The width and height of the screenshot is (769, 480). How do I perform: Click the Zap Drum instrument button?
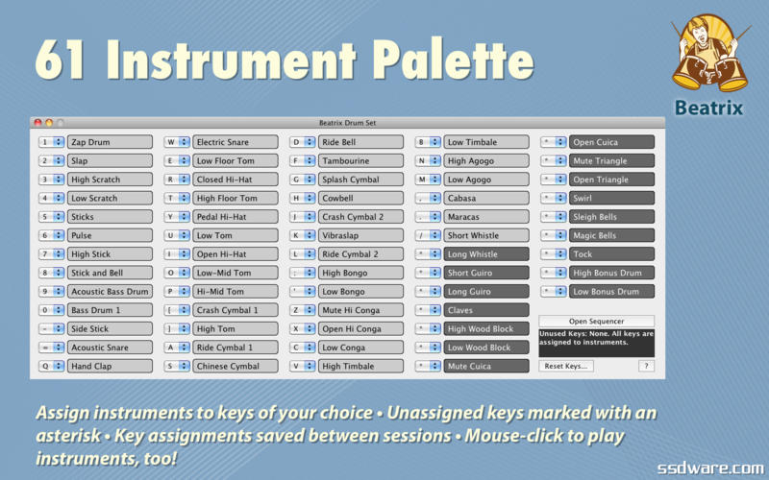click(x=110, y=142)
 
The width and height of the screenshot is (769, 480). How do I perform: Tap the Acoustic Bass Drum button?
click(x=110, y=292)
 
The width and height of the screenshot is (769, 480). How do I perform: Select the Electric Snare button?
click(x=236, y=142)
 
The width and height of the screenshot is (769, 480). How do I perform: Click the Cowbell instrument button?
click(x=361, y=198)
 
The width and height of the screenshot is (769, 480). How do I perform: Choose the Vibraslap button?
click(x=361, y=235)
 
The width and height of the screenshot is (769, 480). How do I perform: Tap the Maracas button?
click(x=486, y=217)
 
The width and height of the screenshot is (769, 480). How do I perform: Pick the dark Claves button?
click(x=486, y=310)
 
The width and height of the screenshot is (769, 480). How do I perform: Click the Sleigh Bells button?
click(x=611, y=217)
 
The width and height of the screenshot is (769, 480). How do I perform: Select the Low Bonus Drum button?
click(x=611, y=292)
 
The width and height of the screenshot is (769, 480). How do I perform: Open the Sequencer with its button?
click(x=596, y=322)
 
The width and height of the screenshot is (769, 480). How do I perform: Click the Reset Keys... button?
click(x=566, y=366)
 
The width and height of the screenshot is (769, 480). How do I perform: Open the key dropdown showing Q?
click(x=52, y=366)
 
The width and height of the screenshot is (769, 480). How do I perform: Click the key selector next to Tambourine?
click(x=303, y=160)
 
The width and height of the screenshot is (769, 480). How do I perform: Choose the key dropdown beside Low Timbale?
click(x=428, y=142)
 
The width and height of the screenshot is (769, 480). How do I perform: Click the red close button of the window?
click(x=37, y=123)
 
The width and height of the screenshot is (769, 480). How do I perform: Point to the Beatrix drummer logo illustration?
click(x=709, y=53)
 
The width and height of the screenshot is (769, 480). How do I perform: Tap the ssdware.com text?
click(x=710, y=468)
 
